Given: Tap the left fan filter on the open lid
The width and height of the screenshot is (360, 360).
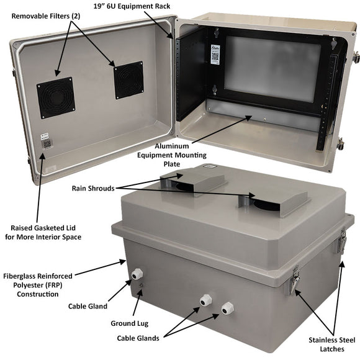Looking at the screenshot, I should click(55, 97).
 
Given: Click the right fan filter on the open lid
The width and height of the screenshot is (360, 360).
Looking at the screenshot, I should click(128, 80).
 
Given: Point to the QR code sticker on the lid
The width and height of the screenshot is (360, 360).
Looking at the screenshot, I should click(46, 142).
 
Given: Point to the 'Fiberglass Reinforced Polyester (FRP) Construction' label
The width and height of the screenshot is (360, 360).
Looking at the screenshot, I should click(38, 284).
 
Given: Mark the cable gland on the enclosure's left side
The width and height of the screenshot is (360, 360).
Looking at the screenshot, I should click(136, 274).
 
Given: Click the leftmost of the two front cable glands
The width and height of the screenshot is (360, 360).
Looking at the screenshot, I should click(204, 300).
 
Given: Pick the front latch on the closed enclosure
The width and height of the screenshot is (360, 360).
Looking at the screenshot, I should click(293, 282).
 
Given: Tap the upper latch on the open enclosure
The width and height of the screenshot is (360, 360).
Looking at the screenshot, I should click(356, 58).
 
